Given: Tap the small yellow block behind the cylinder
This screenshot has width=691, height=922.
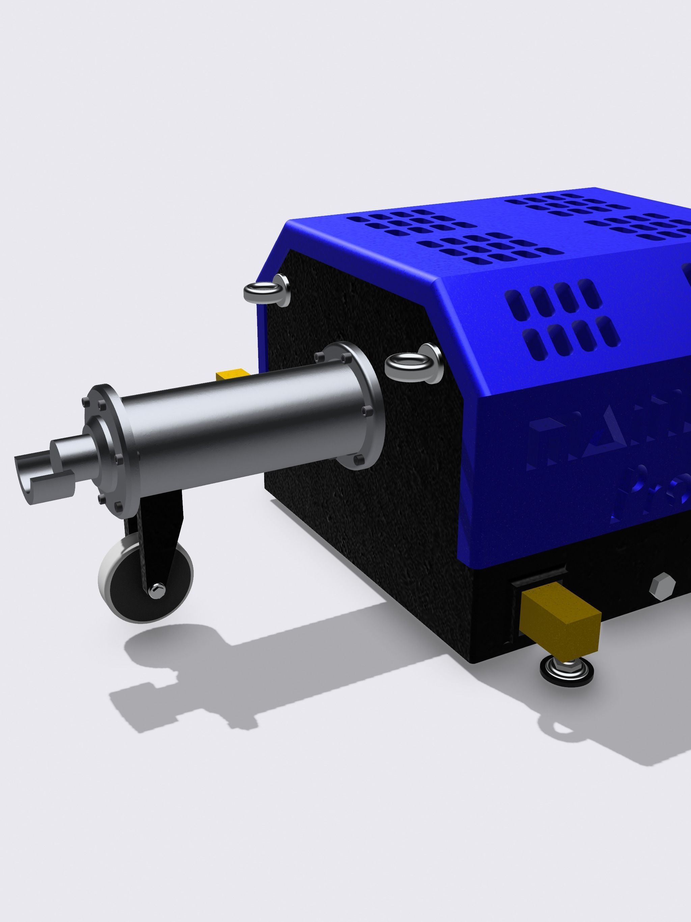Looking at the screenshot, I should click(x=231, y=374).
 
